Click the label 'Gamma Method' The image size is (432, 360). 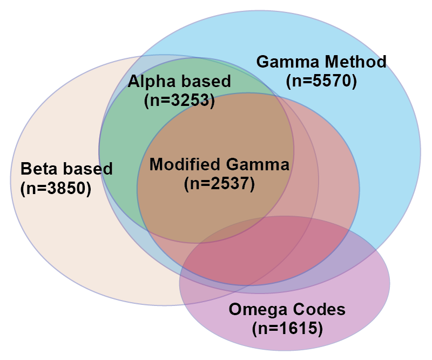[321, 62]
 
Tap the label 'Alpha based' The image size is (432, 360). [179, 82]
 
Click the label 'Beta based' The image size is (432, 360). [66, 169]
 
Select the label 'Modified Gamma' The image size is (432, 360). [219, 164]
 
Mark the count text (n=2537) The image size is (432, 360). [219, 183]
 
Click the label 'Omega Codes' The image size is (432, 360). [287, 310]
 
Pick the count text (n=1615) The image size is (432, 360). [287, 328]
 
